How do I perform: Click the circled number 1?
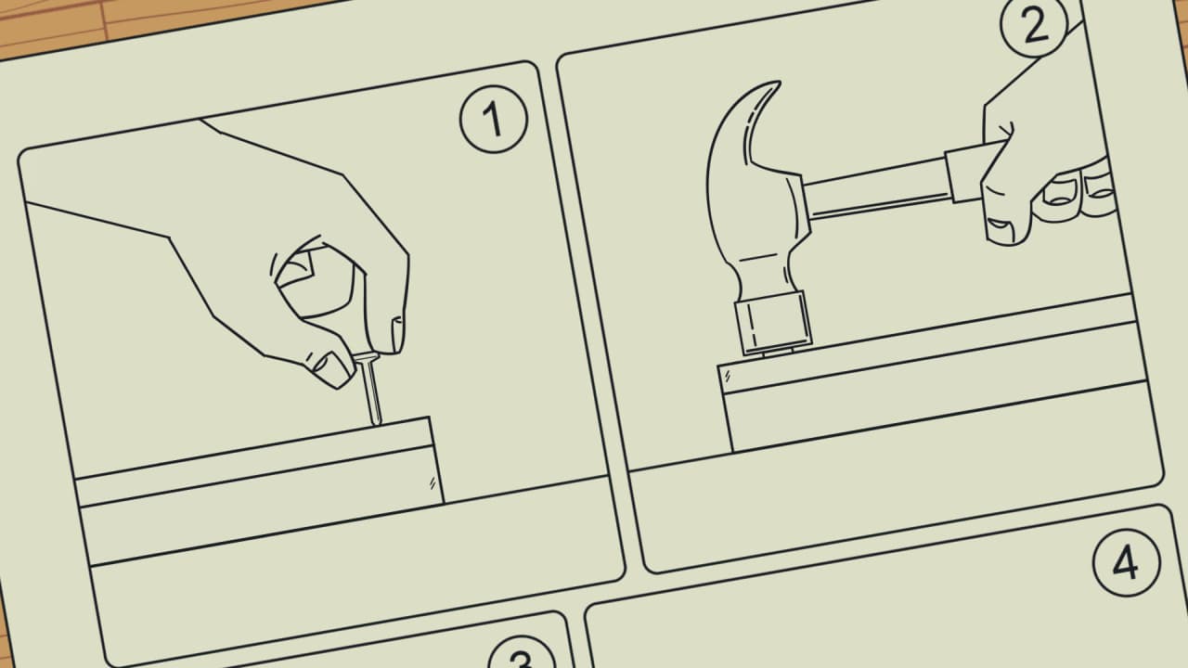click(x=494, y=120)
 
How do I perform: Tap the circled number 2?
click(x=1034, y=24)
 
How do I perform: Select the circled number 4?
click(x=1126, y=562)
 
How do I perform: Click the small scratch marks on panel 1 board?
click(x=433, y=483)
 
